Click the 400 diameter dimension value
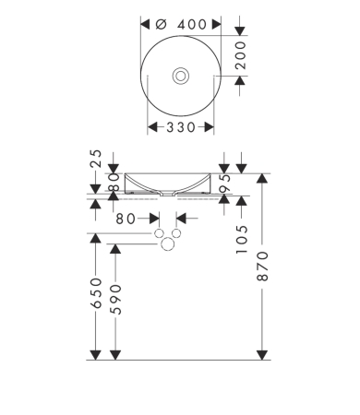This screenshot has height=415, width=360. [x=191, y=25]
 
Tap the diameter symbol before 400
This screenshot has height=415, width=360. [x=161, y=24]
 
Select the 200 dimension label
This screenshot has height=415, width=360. [x=240, y=55]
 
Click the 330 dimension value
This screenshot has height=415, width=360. [x=181, y=127]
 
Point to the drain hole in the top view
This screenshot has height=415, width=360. [x=181, y=76]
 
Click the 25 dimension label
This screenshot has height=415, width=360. [x=96, y=159]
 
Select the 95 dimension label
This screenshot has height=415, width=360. [x=225, y=183]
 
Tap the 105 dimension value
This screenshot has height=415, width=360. [x=242, y=240]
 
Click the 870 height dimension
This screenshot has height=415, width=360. [x=262, y=266]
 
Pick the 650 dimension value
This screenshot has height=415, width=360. [x=96, y=292]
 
